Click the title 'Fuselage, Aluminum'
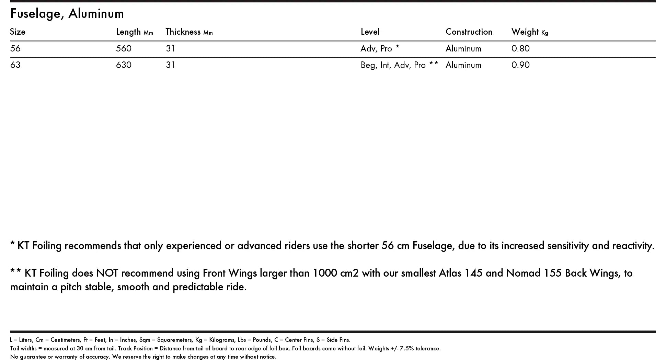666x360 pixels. click(67, 14)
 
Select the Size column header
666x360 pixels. click(18, 32)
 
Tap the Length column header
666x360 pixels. click(134, 32)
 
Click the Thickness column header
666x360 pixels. click(189, 32)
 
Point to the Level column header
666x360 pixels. click(370, 32)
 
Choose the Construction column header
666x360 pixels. click(469, 32)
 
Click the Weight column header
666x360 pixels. click(529, 32)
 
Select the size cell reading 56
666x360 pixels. click(15, 48)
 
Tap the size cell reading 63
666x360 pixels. click(15, 65)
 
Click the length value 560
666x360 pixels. click(124, 48)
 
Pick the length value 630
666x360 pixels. click(124, 65)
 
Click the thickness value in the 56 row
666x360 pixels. click(171, 48)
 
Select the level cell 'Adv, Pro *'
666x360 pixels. click(380, 48)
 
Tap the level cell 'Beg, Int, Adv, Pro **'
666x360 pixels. click(399, 65)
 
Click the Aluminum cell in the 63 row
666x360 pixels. click(463, 65)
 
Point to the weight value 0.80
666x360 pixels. click(520, 48)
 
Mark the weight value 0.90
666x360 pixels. click(520, 65)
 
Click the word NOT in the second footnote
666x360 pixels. click(107, 273)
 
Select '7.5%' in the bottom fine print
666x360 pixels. click(406, 348)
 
